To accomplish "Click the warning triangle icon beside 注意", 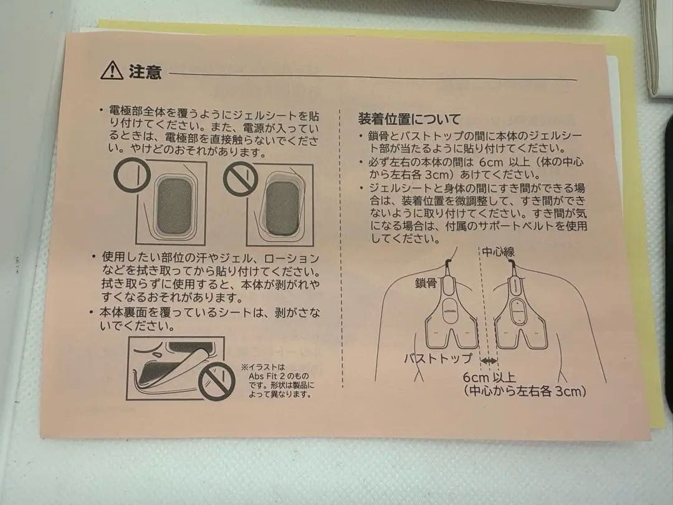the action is click(x=112, y=71).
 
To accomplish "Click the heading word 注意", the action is click(x=145, y=72).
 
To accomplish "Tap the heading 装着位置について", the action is click(x=409, y=119).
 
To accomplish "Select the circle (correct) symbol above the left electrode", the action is click(x=132, y=176).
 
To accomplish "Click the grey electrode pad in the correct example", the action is click(x=174, y=206).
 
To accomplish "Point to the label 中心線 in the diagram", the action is click(x=498, y=252).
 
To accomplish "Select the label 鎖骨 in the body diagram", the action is click(x=426, y=283).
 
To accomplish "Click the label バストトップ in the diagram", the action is click(x=438, y=358).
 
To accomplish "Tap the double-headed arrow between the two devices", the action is click(x=489, y=361).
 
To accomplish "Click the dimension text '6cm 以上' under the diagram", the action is click(x=489, y=377).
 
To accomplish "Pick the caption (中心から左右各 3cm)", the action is click(x=525, y=391).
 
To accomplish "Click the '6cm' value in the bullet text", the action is click(x=490, y=162).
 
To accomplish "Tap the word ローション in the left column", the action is click(x=292, y=259).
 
